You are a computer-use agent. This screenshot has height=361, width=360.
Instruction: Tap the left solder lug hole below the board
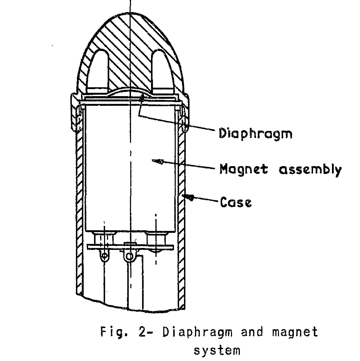pyautogui.click(x=105, y=256)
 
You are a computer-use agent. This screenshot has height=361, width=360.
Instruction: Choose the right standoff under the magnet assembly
pyautogui.click(x=156, y=239)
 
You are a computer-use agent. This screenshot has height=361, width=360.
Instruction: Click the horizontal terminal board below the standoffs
pyautogui.click(x=130, y=247)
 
